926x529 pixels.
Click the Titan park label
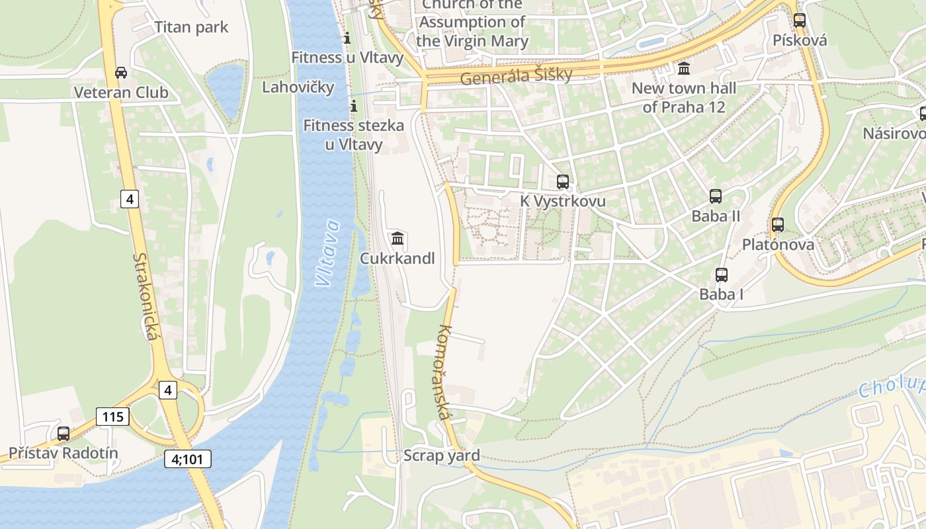190,27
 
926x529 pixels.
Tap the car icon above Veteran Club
121,73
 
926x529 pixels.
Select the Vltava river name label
328,253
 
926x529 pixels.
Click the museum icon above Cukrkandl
398,238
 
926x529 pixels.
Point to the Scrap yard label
441,456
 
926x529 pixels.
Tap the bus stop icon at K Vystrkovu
563,181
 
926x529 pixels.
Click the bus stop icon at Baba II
716,196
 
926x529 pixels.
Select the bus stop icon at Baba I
722,274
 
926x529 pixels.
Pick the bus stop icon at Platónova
778,225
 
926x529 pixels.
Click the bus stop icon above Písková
800,20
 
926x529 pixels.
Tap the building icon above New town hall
684,68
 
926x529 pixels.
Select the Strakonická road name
147,297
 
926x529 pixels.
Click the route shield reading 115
112,417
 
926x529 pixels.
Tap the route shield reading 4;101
188,458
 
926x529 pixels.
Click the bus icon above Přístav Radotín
63,434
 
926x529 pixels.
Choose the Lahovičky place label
298,87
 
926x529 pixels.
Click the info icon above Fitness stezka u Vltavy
353,106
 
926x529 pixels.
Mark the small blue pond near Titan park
225,86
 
